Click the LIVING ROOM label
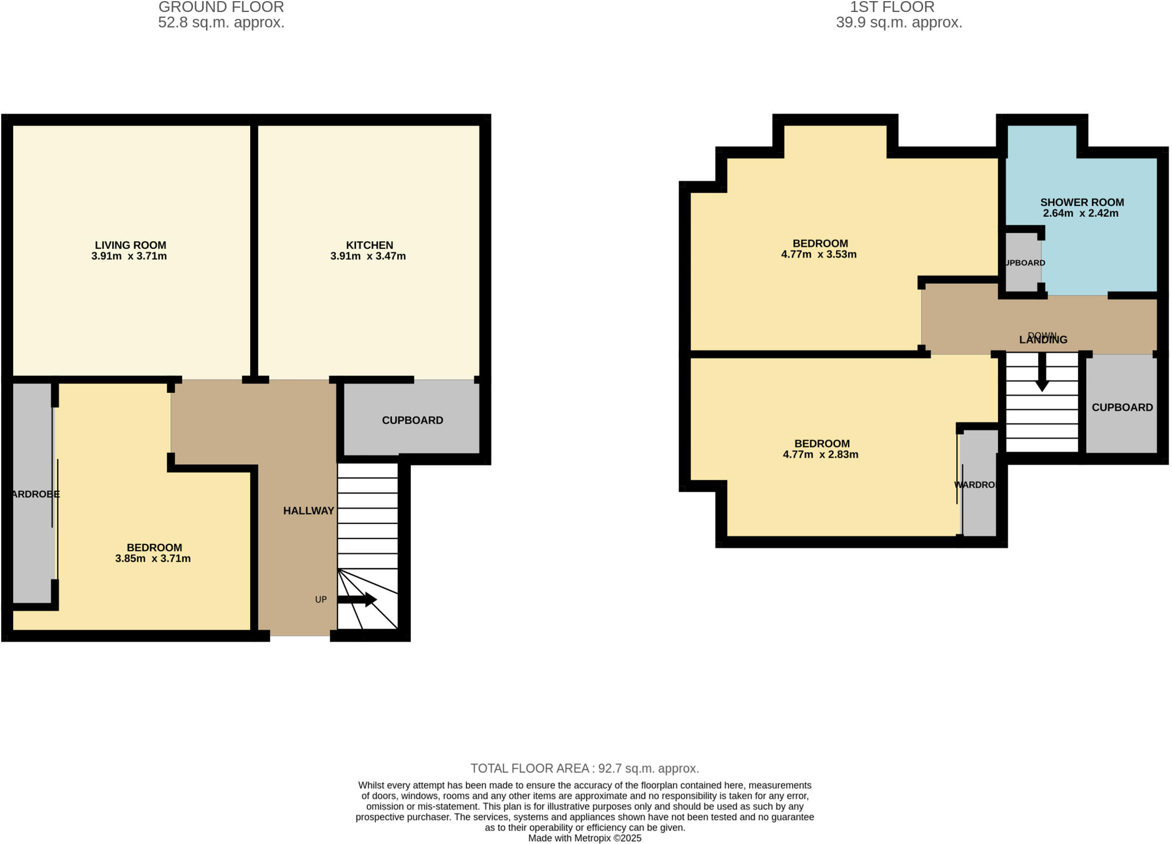(130, 245)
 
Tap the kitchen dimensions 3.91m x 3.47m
(368, 256)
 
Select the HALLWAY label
(308, 511)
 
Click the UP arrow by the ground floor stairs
(357, 599)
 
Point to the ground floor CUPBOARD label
(412, 420)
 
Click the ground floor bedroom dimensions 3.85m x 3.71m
(153, 559)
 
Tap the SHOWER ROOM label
(1082, 202)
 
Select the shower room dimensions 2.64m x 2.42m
(1080, 213)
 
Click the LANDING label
(1043, 340)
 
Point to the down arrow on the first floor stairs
(1042, 372)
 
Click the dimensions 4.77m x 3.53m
(818, 254)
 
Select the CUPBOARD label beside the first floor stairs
(1122, 408)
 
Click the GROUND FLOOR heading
(221, 7)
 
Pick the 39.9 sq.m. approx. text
(898, 23)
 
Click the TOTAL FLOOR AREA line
(584, 768)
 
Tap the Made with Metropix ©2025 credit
(584, 838)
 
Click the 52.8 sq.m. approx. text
(221, 23)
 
